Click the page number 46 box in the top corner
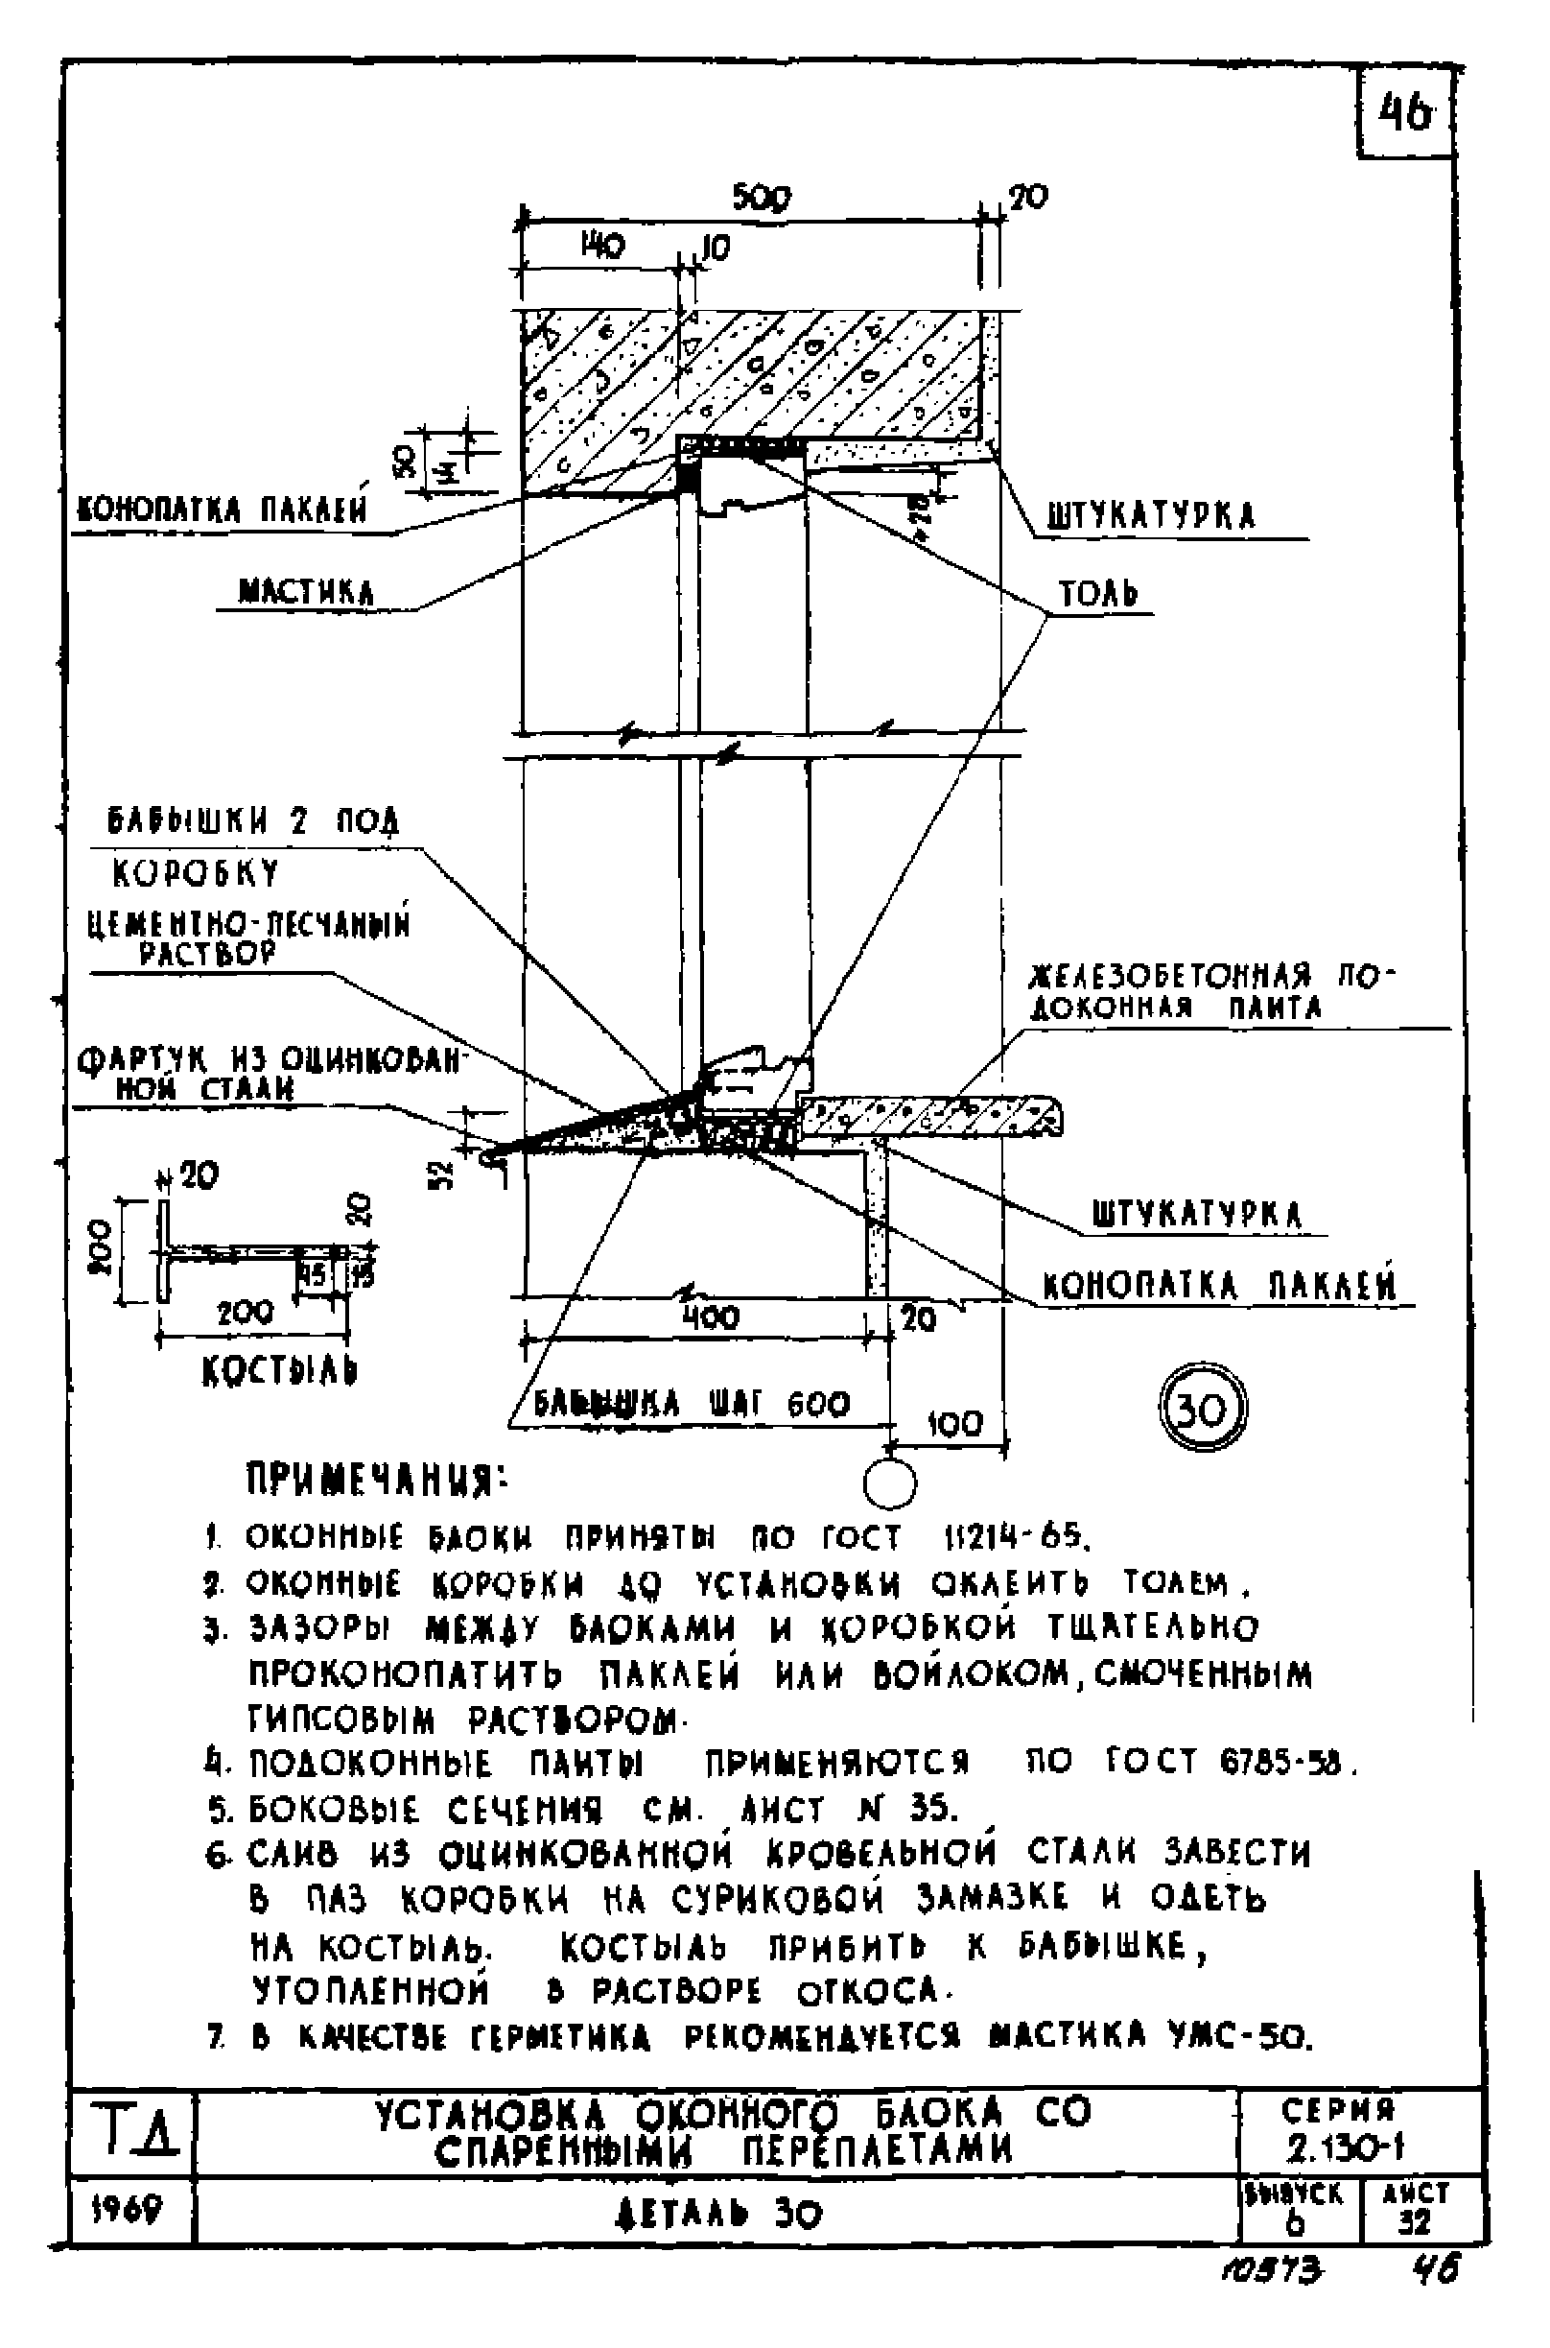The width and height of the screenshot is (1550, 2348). [x=1404, y=113]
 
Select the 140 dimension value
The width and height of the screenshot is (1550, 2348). [x=601, y=246]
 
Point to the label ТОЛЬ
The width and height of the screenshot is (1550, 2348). [x=1098, y=594]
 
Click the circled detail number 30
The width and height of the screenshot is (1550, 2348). [x=1202, y=1408]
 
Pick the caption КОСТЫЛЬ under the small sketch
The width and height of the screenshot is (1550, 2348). [x=279, y=1371]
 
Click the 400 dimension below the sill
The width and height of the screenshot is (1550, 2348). [x=710, y=1316]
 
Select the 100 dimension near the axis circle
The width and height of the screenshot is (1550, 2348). [x=955, y=1424]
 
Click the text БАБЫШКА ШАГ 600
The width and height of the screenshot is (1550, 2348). [x=691, y=1405]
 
